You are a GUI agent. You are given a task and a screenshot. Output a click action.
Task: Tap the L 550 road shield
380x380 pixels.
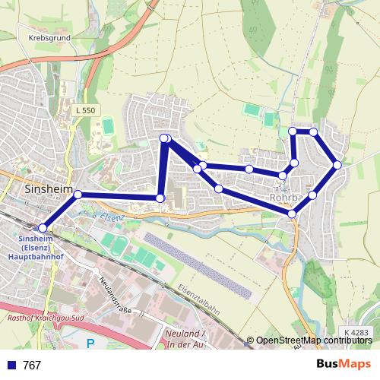tap(86, 111)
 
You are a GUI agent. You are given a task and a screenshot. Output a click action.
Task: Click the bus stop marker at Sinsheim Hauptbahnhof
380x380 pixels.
tap(43, 227)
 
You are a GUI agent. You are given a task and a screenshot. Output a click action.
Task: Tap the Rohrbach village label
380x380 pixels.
tap(287, 198)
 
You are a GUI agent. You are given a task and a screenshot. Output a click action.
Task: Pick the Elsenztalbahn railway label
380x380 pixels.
tap(200, 299)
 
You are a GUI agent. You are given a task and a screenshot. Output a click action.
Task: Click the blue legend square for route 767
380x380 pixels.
tap(9, 366)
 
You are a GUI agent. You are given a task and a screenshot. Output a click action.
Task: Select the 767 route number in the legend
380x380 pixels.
tap(32, 366)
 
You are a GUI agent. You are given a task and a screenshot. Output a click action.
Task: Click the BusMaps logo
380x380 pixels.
tap(344, 364)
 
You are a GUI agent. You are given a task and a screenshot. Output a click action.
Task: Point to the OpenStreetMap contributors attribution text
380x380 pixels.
tap(313, 340)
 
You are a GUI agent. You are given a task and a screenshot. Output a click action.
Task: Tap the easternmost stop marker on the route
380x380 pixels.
tap(337, 164)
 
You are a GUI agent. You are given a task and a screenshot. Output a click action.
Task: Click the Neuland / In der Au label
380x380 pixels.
tap(187, 340)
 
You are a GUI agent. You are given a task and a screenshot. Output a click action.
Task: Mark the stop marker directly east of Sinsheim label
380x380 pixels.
tap(78, 195)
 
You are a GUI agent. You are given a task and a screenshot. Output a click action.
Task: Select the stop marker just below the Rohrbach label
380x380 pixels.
tap(293, 214)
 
